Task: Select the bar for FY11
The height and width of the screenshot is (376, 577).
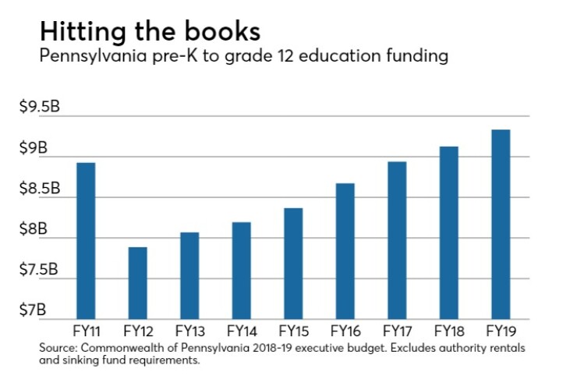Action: click(x=86, y=240)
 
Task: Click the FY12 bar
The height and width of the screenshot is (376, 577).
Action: click(x=137, y=282)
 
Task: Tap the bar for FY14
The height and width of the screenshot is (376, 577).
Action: click(x=241, y=270)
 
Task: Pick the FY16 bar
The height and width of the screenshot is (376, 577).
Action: click(x=345, y=250)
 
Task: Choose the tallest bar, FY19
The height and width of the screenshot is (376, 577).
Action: click(x=501, y=224)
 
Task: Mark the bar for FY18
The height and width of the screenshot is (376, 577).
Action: click(x=448, y=232)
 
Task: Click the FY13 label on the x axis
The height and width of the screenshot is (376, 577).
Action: click(x=189, y=331)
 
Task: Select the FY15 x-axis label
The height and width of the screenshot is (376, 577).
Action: click(x=292, y=331)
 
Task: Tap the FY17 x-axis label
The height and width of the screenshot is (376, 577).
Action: click(x=396, y=331)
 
